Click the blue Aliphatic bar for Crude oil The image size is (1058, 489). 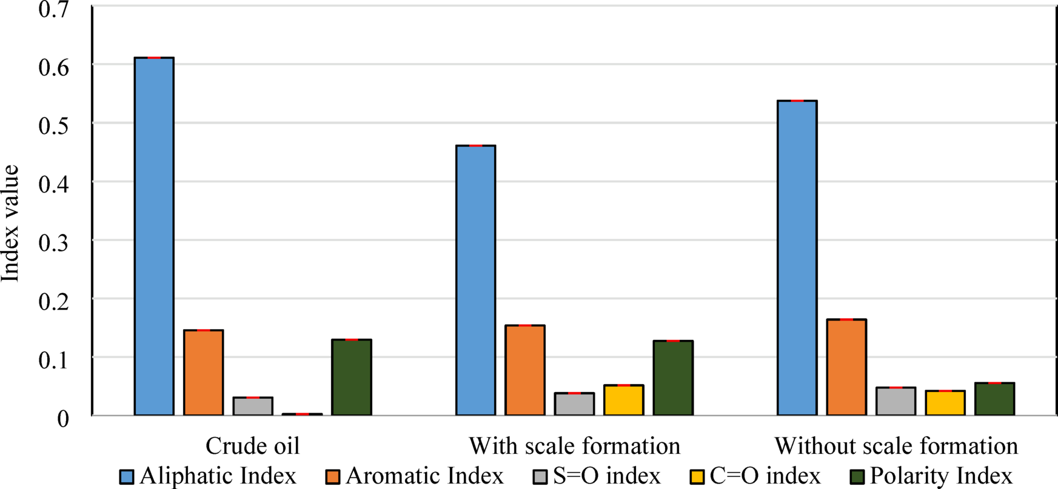[154, 236]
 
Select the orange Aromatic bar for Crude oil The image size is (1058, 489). [203, 373]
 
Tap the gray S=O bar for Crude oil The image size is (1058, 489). [253, 406]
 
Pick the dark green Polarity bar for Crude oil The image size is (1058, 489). [352, 377]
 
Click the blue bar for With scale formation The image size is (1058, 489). [475, 280]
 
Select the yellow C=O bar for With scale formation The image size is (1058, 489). [624, 400]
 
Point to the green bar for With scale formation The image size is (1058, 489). [673, 378]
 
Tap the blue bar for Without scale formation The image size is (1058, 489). [797, 258]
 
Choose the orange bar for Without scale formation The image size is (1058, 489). [846, 367]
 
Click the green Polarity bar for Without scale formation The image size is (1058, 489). [994, 399]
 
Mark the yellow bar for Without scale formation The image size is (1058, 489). [945, 403]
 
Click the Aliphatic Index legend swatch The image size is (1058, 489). [127, 476]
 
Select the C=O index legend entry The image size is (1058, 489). [755, 476]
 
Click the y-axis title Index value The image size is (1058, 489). [10, 223]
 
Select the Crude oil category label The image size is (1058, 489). [252, 446]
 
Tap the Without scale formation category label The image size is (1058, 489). [896, 446]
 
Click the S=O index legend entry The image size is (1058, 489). [597, 476]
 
